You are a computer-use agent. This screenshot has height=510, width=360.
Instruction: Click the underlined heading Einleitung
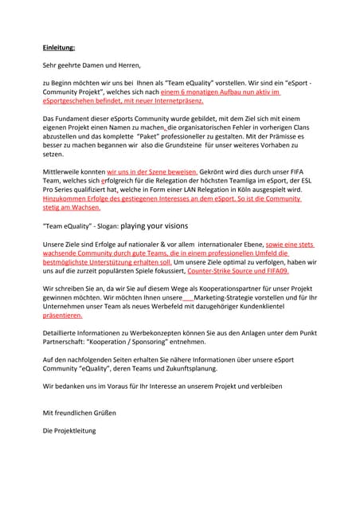60,47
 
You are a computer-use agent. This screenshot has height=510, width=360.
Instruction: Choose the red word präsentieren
63,316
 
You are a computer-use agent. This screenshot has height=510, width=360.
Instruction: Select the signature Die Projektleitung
69,430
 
